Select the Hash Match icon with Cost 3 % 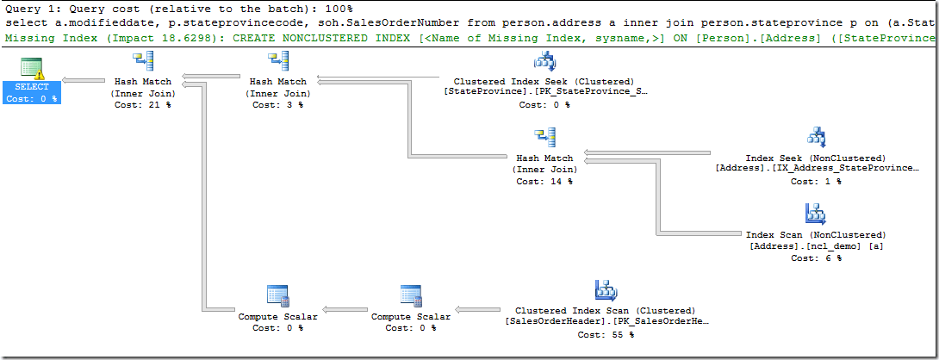click(278, 62)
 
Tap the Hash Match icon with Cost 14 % click(544, 139)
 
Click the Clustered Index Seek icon click(544, 62)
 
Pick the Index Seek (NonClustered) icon click(816, 138)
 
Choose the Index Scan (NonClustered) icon click(816, 214)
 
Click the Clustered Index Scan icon click(605, 291)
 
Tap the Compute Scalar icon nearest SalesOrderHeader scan click(410, 297)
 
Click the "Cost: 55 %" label click(605, 334)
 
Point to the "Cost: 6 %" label click(816, 258)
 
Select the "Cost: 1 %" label click(816, 182)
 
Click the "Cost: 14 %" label click(544, 182)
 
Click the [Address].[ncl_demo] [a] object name click(816, 246)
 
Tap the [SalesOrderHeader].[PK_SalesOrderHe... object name click(605, 322)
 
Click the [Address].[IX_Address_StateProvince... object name click(816, 170)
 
